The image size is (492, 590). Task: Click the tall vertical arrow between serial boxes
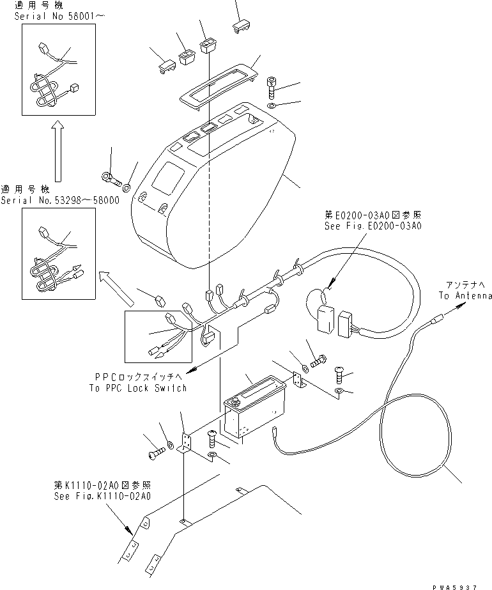[x=57, y=153]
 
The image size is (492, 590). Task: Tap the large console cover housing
[x=211, y=192]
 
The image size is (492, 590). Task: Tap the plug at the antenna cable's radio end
[x=275, y=432]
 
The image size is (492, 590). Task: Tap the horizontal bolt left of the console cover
[x=111, y=176]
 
